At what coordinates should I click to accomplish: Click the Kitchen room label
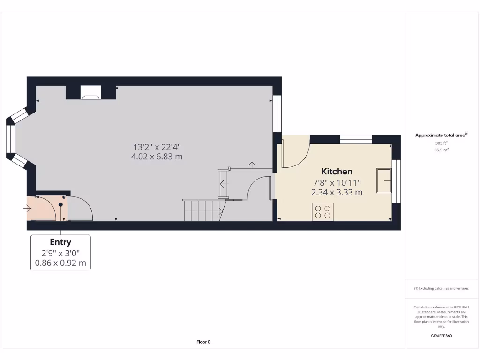click(337, 172)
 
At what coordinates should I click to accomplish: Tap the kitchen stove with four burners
click(322, 211)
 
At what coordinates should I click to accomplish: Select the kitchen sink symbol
click(385, 180)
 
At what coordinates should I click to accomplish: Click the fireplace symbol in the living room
click(90, 92)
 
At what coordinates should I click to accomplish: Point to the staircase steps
click(202, 210)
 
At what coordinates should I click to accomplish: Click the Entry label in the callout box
click(60, 242)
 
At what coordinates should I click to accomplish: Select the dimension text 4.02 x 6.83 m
click(157, 157)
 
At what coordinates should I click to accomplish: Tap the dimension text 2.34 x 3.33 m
click(337, 192)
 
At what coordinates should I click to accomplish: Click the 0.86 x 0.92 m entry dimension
click(60, 263)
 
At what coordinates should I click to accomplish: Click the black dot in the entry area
click(60, 205)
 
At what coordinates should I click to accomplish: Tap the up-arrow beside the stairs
click(252, 165)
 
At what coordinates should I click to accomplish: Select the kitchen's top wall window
click(355, 139)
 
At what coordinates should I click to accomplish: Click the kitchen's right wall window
click(397, 181)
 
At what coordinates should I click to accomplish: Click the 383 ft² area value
click(441, 142)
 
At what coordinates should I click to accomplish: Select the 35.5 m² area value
click(441, 150)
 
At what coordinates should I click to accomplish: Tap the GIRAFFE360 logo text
click(441, 336)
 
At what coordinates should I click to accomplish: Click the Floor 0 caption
click(203, 342)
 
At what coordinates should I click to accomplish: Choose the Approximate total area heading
click(441, 135)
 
